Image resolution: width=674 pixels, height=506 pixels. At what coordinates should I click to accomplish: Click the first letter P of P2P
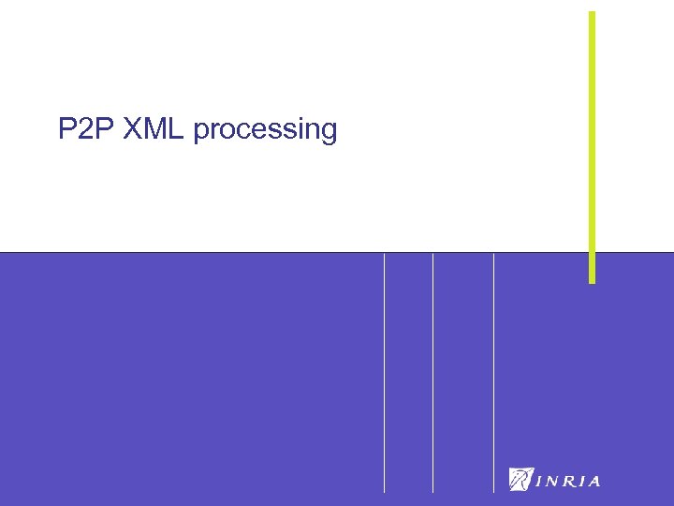[66, 129]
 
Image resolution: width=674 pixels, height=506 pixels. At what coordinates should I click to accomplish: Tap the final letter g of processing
[328, 133]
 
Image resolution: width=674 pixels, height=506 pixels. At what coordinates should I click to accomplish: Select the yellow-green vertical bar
[592, 141]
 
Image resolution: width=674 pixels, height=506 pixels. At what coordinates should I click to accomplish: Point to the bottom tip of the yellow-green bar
[592, 280]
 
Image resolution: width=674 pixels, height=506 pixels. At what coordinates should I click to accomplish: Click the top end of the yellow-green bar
[592, 13]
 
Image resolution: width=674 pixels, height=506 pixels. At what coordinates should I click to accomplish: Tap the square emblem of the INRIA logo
[520, 479]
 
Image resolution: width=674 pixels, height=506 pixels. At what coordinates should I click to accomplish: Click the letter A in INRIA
[593, 482]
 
